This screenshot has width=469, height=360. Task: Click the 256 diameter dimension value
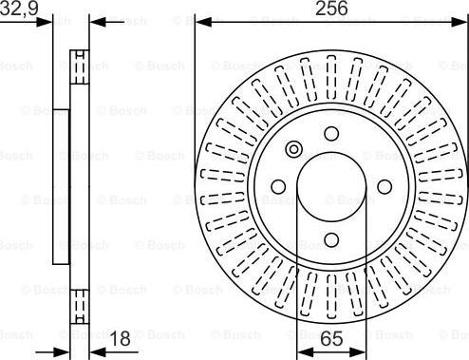pos(331,9)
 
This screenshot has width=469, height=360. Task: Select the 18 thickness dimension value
pos(121,338)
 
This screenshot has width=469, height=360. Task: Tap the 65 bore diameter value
pos(331,338)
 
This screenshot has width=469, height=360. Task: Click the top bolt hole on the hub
pos(331,134)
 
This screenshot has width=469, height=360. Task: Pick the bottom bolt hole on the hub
pos(331,239)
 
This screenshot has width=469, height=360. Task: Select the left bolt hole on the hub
pos(278,187)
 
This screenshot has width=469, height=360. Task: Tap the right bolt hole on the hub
pos(385,187)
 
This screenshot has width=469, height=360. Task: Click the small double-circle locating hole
pos(293,149)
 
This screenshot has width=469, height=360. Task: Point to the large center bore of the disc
pos(331,187)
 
